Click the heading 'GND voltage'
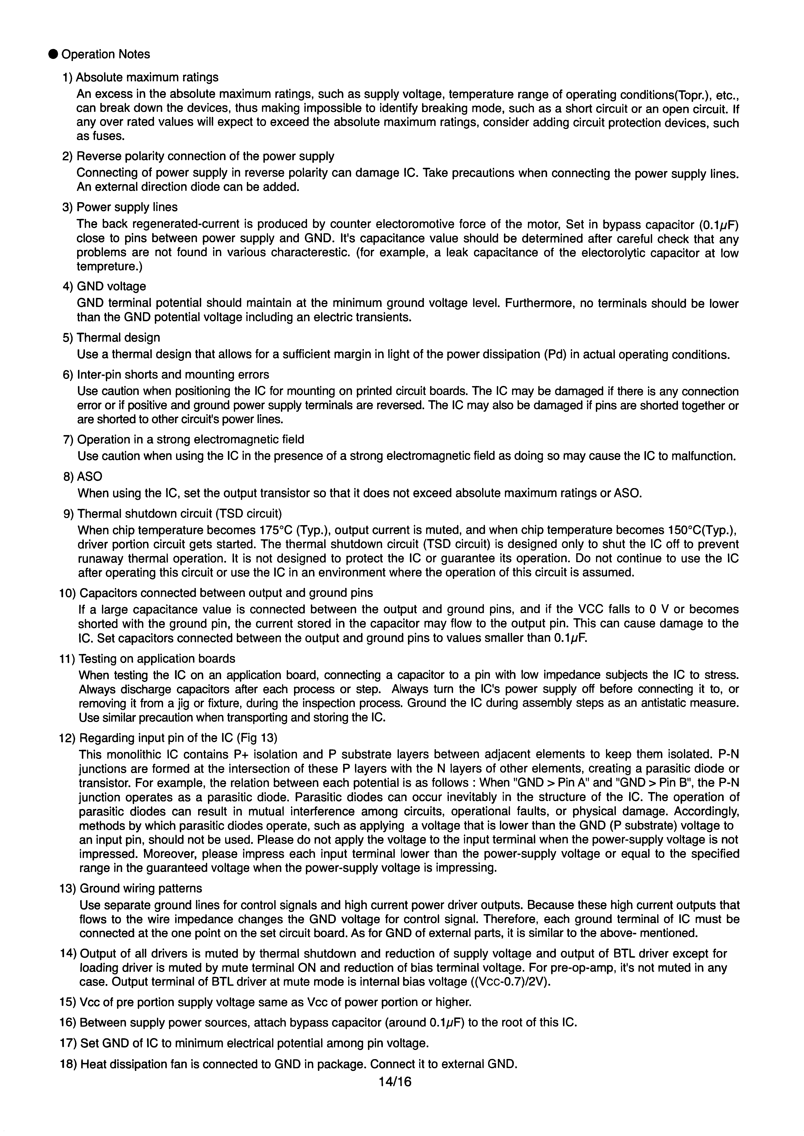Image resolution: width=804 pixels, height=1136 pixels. coord(111,287)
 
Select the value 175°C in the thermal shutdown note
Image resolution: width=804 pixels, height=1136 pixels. coord(276,530)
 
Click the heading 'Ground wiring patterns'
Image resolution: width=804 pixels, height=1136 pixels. coord(141,888)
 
